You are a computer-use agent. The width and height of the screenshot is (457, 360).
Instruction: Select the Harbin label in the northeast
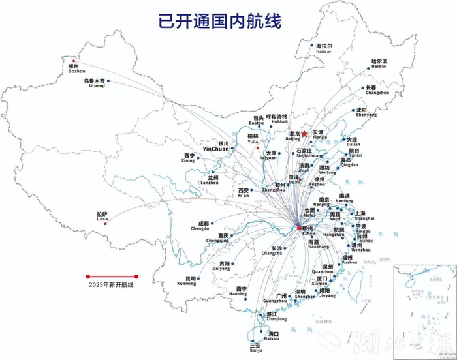(x=379, y=64)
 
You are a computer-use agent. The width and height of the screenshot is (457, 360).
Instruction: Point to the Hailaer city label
(x=324, y=49)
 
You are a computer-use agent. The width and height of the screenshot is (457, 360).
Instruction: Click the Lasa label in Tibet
(x=101, y=217)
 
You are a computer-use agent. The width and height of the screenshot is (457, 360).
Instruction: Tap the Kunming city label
(x=186, y=281)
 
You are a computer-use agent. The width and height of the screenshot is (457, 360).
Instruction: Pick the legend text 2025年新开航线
(x=111, y=285)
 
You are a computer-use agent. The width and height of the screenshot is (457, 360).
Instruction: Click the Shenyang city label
(x=366, y=112)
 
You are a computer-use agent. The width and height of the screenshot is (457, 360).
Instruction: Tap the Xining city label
(x=189, y=158)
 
